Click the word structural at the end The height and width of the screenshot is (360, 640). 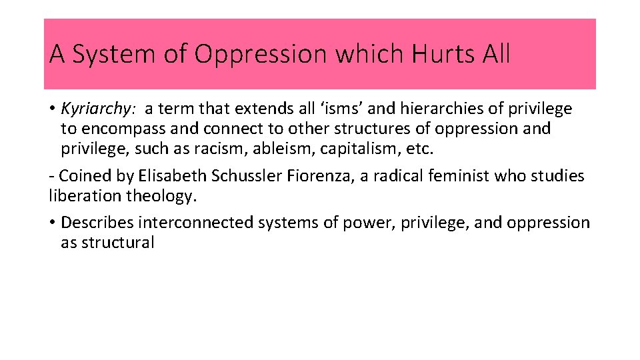click(x=117, y=242)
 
